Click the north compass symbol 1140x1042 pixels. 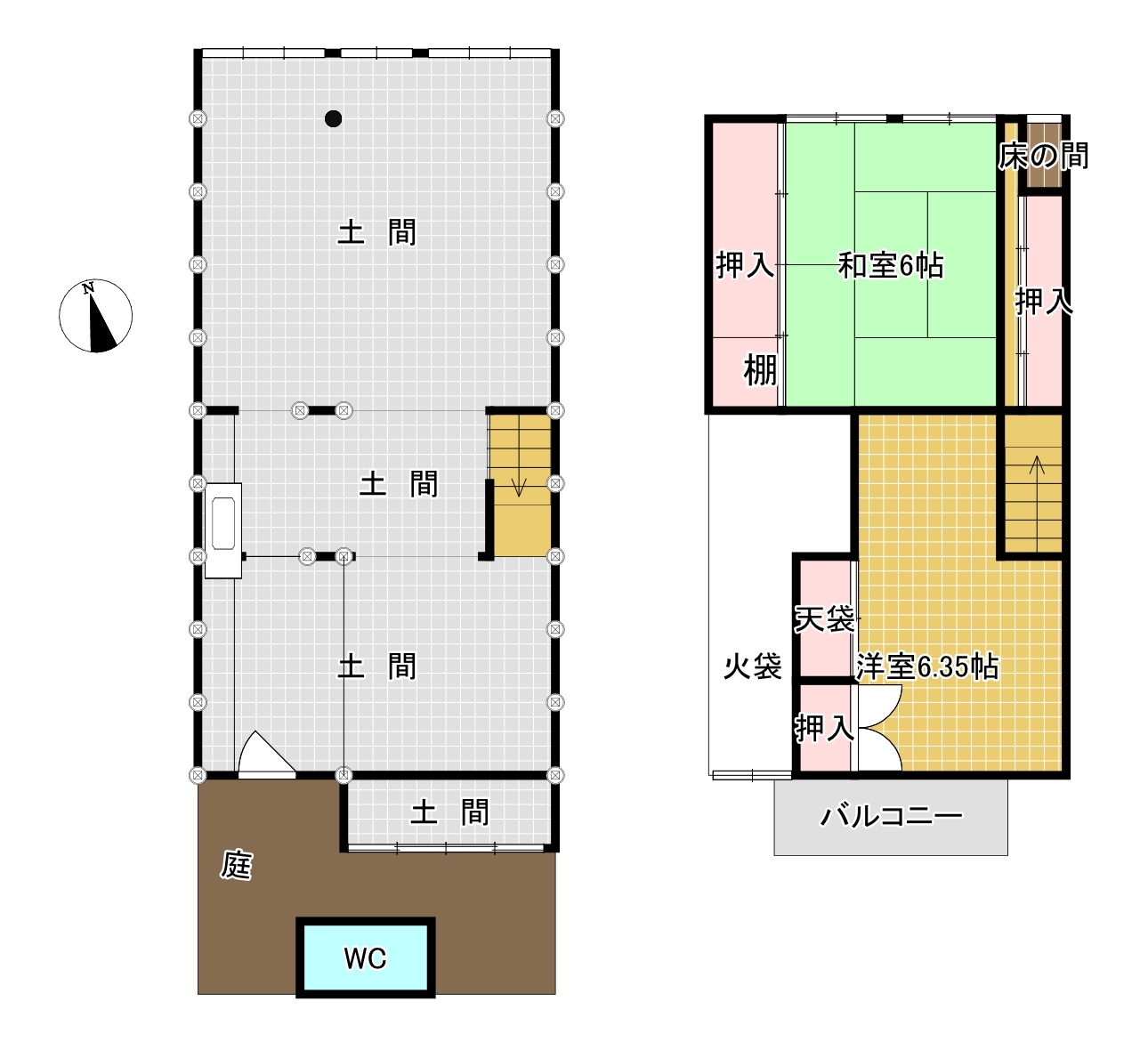(96, 316)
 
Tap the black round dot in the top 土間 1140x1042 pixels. (334, 118)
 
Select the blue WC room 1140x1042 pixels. (366, 957)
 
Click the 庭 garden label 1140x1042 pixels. (237, 864)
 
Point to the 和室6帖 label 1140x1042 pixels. (891, 265)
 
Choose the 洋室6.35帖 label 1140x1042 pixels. (927, 666)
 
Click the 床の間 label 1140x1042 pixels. (1043, 157)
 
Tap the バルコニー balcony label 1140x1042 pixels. (891, 815)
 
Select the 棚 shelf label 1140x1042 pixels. (760, 370)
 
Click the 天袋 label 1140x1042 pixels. (825, 618)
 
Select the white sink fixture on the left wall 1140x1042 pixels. (222, 531)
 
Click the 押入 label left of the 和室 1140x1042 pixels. (745, 265)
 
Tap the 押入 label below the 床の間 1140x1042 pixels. (1044, 302)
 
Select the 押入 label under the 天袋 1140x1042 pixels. (824, 728)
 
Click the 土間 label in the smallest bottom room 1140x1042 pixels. (449, 812)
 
